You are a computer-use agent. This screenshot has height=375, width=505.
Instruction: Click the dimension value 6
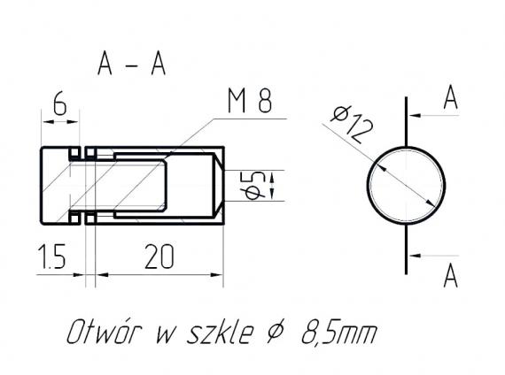click(60, 104)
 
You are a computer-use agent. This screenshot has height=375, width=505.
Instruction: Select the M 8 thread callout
click(248, 103)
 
